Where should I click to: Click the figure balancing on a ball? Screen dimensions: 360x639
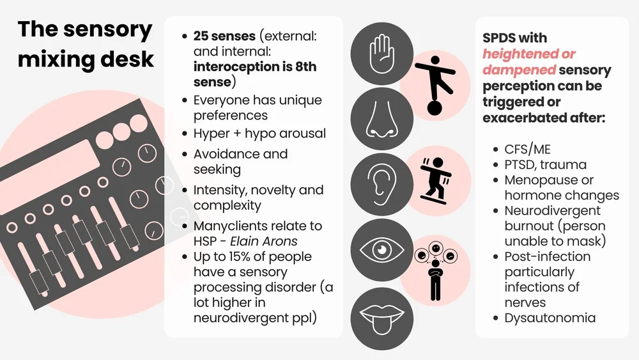pyautogui.click(x=433, y=84)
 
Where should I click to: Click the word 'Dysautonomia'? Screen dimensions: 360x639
pyautogui.click(x=550, y=317)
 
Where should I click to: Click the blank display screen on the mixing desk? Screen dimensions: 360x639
pyautogui.click(x=63, y=164)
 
